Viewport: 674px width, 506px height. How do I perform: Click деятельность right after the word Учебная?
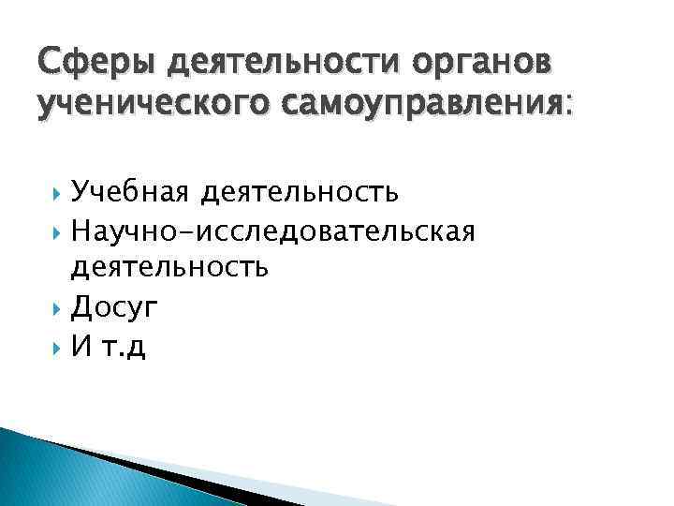(x=295, y=192)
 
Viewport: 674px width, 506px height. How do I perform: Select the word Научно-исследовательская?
(x=273, y=231)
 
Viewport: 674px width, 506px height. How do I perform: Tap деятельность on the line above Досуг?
(x=170, y=269)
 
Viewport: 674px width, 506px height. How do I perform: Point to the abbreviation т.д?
(x=125, y=346)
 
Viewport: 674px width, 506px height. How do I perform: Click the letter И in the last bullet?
(x=80, y=346)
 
